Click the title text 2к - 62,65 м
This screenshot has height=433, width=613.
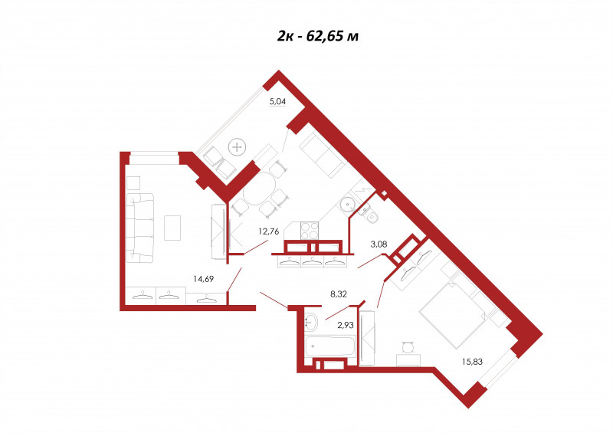tap(318, 36)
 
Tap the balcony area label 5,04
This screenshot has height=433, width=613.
tap(277, 101)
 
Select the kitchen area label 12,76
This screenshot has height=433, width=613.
tap(269, 231)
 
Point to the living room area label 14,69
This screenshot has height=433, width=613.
tap(203, 279)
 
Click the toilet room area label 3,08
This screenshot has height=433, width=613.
tap(379, 244)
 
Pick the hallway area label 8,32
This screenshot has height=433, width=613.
tap(339, 294)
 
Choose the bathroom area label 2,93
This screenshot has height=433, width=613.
tap(346, 325)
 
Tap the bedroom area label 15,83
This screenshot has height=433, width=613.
tap(472, 362)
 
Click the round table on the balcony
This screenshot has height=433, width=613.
tap(238, 147)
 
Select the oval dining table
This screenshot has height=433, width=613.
tap(260, 189)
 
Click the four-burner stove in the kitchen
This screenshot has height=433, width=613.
tap(310, 230)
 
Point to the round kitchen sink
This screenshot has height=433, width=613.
tap(347, 205)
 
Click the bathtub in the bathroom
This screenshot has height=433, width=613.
tap(330, 346)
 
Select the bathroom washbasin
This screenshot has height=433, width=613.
tap(312, 322)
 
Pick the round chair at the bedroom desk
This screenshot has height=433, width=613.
tap(408, 347)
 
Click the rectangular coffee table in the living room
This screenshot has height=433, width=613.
tap(172, 228)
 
